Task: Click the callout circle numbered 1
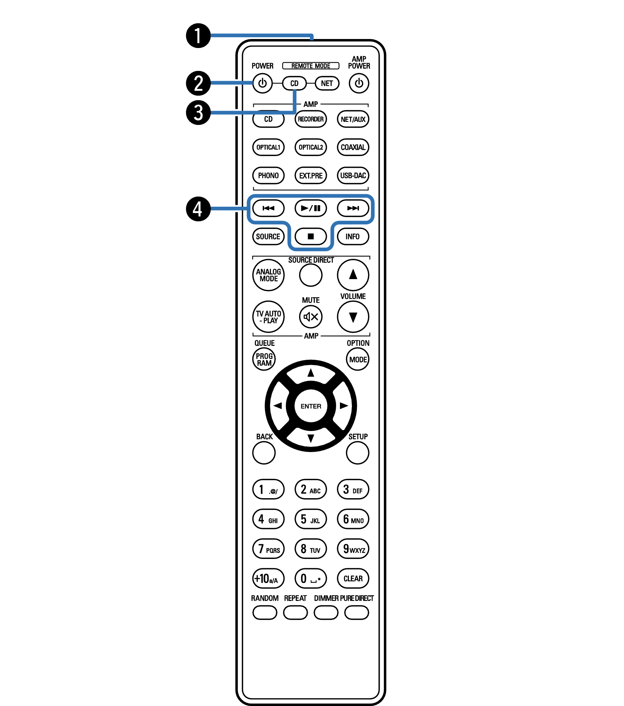(198, 36)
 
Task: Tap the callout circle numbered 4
(198, 209)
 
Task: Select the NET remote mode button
(327, 83)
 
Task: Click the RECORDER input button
(311, 119)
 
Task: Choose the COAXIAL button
(353, 147)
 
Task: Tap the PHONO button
(268, 176)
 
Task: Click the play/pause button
(311, 208)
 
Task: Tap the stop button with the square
(311, 236)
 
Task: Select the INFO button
(353, 236)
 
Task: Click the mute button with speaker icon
(311, 317)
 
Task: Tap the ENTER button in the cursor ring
(311, 406)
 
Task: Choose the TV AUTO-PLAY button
(268, 317)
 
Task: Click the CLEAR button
(353, 578)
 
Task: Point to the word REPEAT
(295, 598)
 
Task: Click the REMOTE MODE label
(311, 66)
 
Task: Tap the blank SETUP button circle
(358, 453)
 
